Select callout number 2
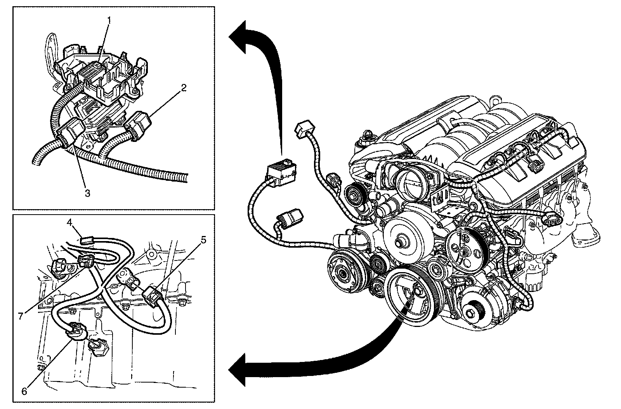184,88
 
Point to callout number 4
69,223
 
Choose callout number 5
203,240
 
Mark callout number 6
24,392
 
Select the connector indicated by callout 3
71,131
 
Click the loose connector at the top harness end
304,129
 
